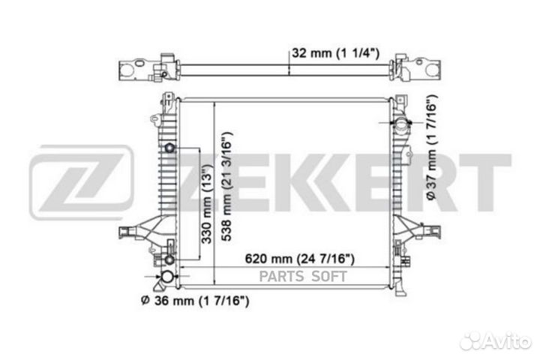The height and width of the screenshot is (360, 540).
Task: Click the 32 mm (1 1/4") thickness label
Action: point(335,53)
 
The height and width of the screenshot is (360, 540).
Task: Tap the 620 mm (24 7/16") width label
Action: point(299,258)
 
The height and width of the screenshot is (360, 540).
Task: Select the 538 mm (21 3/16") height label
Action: point(226,186)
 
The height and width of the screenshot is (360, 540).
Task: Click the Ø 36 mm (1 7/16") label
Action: point(195,301)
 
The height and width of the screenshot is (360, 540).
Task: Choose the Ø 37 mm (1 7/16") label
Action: point(432,147)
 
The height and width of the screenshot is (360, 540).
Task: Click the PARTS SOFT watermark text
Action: point(303,277)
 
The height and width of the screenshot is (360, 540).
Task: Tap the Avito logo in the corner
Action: point(496,341)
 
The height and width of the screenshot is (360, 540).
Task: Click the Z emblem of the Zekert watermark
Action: point(81,182)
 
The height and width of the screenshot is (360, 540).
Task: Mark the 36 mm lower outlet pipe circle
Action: point(168,276)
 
